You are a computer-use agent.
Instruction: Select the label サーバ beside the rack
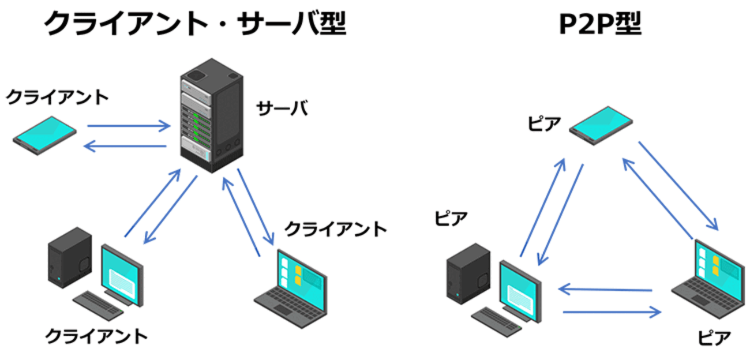point(282,108)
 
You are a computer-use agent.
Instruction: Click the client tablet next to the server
point(46,136)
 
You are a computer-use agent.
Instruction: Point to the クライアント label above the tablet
point(57,97)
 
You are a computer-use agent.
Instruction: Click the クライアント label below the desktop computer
point(97,335)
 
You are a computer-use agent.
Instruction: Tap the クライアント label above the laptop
point(336,229)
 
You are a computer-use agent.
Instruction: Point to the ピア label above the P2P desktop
point(451,220)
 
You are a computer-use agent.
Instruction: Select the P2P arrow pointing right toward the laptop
point(612,313)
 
